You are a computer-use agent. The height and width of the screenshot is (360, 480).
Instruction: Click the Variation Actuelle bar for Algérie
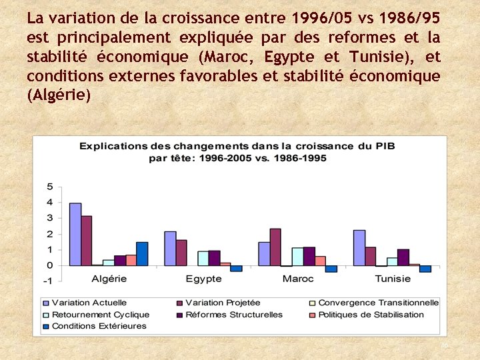coord(75,234)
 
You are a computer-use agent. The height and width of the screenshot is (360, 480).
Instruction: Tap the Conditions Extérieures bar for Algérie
coord(142,254)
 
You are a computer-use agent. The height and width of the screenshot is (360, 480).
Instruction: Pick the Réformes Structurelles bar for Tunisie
coord(403,257)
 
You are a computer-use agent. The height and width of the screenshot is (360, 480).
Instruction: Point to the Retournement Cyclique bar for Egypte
coord(203,259)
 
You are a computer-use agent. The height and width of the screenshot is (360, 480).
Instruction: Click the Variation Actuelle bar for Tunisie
coord(359,248)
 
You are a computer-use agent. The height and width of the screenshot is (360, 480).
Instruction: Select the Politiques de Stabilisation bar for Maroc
coord(320,261)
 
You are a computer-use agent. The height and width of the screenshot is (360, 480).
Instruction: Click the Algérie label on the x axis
coord(109,279)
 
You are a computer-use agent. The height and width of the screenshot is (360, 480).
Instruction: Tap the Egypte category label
coord(204,279)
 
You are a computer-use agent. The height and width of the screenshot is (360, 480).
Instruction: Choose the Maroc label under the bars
coord(298,279)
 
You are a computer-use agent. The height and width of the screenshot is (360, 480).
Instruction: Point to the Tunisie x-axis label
coord(393,279)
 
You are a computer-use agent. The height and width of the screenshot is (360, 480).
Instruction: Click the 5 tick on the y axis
coord(49,186)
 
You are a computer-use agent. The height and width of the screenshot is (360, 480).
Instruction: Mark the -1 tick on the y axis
coord(48,281)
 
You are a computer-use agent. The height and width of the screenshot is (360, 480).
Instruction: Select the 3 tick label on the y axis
coord(49,218)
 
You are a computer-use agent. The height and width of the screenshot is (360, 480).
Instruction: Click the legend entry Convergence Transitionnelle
coord(378,303)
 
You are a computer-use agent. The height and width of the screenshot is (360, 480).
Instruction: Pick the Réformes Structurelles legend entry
coord(234,315)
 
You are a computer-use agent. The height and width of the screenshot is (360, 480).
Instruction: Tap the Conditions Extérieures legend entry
coord(99,326)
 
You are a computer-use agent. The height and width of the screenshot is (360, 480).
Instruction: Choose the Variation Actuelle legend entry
coord(89,303)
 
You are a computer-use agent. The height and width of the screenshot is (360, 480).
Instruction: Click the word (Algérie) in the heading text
coord(59,95)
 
